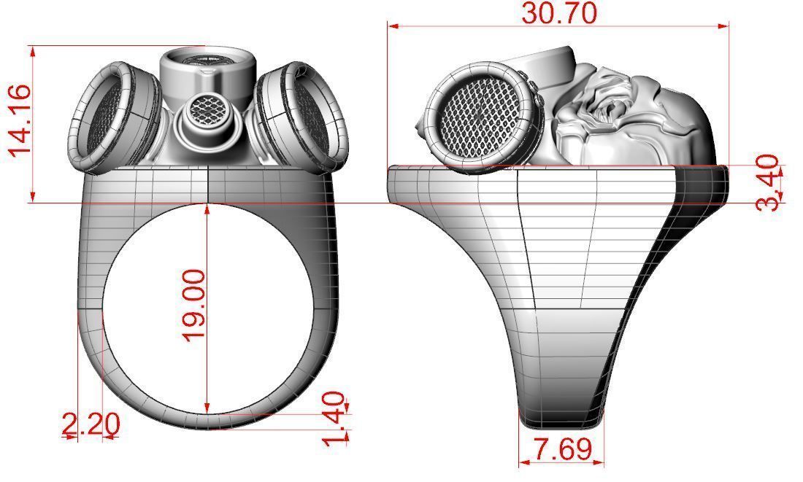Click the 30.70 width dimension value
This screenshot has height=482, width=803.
(x=559, y=12)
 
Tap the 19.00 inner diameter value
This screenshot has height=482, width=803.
(x=194, y=304)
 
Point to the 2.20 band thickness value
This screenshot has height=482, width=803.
(x=91, y=424)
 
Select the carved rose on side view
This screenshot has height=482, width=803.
(x=603, y=106)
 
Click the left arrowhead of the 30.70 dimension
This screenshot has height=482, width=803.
(x=392, y=26)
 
